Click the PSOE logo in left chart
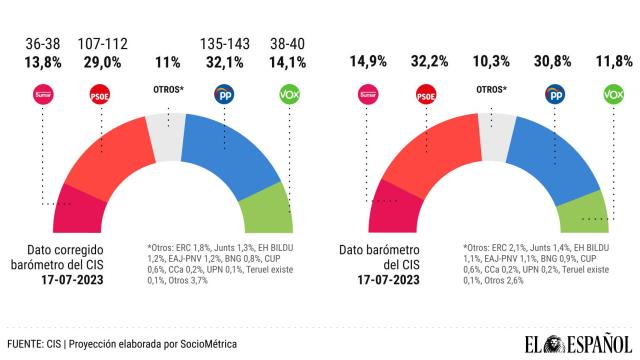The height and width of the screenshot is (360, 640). [x=100, y=97]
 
